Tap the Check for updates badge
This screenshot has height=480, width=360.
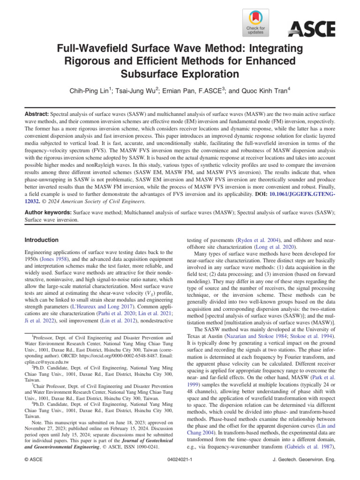(256, 22)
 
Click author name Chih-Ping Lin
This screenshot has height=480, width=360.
(96, 90)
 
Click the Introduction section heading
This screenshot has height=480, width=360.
(41, 240)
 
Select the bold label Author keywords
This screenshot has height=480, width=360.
(48, 212)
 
